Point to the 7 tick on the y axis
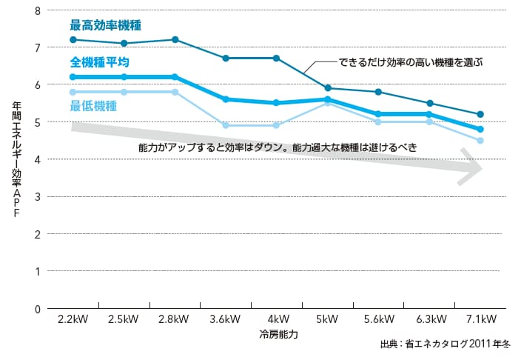(38, 47)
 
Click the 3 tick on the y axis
(38, 196)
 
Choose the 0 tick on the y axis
(38, 309)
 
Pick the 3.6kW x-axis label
(225, 320)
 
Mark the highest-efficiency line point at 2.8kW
(175, 39)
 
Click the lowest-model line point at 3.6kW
(225, 125)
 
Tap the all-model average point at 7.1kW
(480, 129)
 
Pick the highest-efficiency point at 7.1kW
(480, 114)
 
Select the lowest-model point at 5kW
(328, 102)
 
